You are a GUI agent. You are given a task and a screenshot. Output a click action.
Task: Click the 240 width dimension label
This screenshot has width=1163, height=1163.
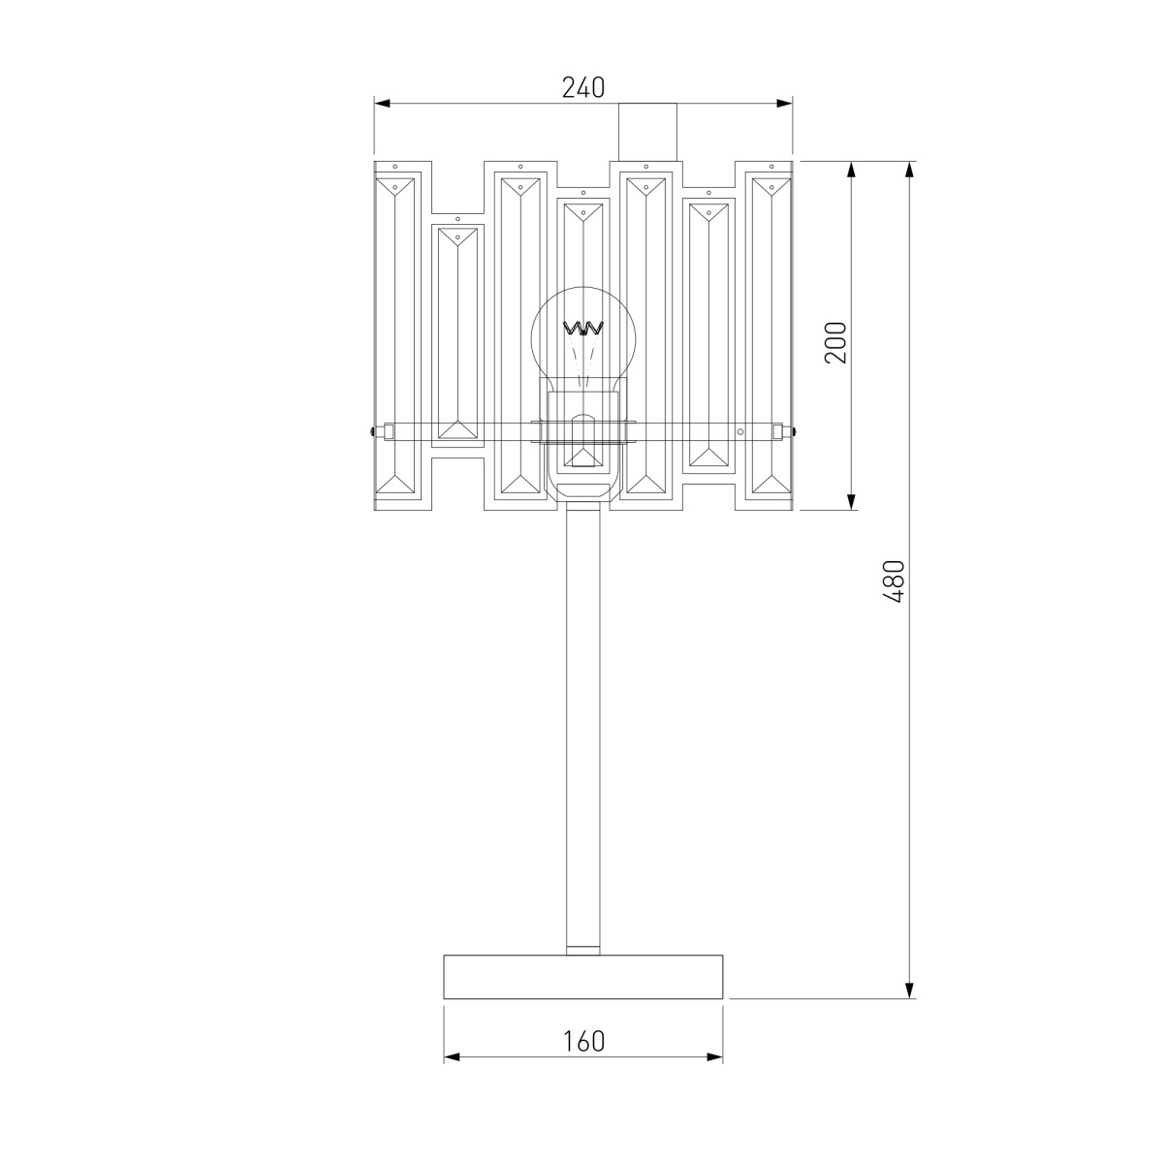point(583,88)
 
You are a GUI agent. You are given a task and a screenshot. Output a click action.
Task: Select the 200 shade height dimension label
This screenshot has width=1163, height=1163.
point(835,342)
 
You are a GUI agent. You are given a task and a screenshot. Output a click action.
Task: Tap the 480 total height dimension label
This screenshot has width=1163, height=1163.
point(895,581)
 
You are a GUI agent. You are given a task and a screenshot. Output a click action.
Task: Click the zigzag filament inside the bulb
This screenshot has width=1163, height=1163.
point(583,329)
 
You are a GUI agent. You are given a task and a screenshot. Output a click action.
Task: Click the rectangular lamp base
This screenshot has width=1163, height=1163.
point(583,976)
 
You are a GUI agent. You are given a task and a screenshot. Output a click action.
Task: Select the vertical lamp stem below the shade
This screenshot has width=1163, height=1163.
point(583,732)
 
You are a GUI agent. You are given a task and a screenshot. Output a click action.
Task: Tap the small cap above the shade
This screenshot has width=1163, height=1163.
point(647,132)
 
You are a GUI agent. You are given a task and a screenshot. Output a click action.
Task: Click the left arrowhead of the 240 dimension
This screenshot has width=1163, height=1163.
point(382,103)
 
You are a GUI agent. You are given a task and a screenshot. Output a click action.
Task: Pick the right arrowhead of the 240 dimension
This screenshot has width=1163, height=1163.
point(784,103)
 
